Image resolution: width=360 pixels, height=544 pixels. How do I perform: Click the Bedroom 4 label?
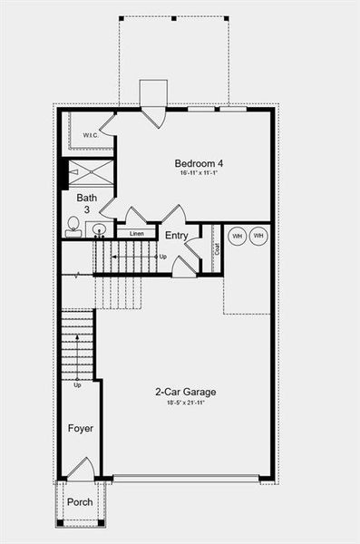pos(199,164)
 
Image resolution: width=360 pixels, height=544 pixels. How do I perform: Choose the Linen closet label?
pos(137,234)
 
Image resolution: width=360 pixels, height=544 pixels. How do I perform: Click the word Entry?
pos(176,236)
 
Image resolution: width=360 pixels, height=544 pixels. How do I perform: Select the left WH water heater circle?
pos(238,236)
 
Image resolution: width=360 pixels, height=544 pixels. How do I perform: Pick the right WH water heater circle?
pos(259,236)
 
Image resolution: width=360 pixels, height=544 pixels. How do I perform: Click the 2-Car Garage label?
pos(185,393)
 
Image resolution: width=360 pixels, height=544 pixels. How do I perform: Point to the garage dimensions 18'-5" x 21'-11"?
pos(185,403)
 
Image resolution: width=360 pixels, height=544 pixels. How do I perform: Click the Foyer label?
pos(81,428)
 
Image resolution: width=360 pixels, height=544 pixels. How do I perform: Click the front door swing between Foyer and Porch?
pos(81,470)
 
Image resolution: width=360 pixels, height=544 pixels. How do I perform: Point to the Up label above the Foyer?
pos(78,384)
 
